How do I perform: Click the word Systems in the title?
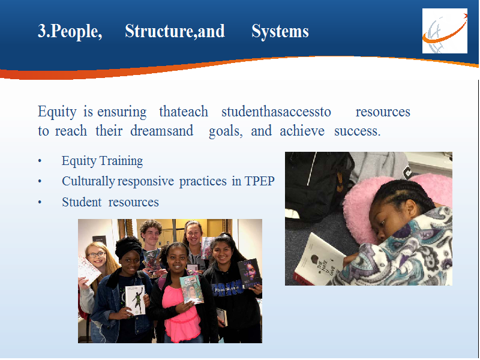coord(280,31)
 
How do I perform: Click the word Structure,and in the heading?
coord(175,31)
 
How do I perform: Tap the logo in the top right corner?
coord(445,31)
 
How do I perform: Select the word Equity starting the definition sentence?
coord(57,112)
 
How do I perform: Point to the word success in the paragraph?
coord(357,131)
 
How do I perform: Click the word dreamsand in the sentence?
coord(161,131)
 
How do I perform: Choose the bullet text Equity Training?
coord(102,161)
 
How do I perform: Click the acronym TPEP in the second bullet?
coord(259,181)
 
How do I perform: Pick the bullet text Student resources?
coord(110,202)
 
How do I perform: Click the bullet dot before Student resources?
coord(40,202)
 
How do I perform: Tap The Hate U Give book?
coord(319,259)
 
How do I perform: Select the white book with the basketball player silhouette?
coord(135,299)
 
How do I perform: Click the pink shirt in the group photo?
coord(181,316)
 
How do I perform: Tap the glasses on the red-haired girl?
coord(97,254)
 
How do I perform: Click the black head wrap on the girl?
coord(128,247)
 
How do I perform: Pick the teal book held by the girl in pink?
coord(191,289)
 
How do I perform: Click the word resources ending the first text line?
coord(383,112)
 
